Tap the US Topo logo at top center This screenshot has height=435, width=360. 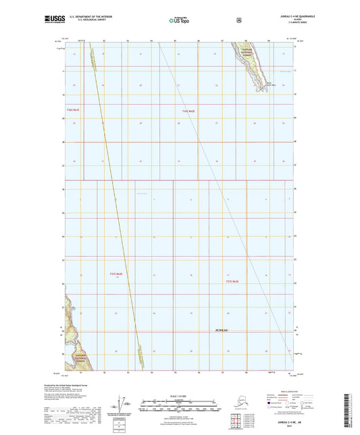(179, 20)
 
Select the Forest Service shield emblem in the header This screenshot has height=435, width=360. (238, 18)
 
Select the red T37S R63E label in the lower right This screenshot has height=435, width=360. (232, 280)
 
